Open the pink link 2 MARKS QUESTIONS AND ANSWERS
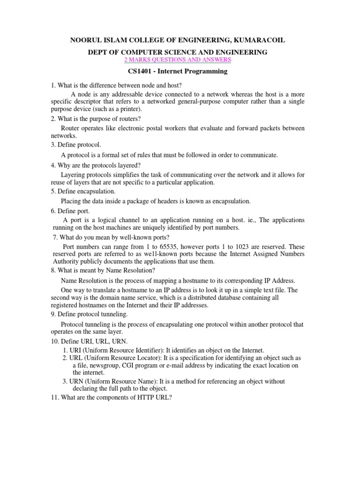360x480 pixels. tap(177, 60)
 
